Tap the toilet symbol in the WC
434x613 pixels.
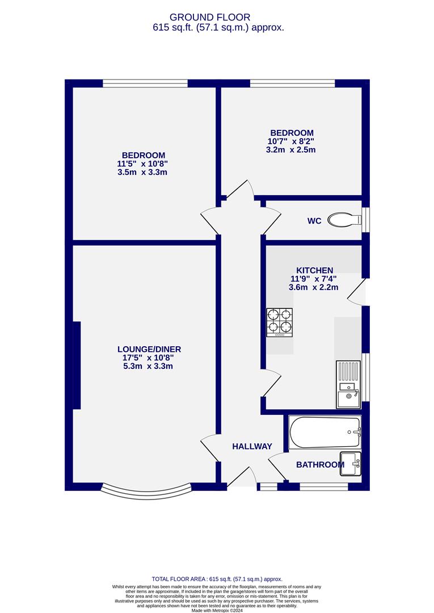point(345,220)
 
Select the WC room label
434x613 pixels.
point(314,221)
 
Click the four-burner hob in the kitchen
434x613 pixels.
point(280,322)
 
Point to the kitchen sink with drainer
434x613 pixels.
point(348,385)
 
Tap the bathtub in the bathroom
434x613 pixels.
point(325,433)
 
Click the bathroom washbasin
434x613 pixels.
point(350,463)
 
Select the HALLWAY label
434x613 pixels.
point(252,447)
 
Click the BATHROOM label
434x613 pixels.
point(320,465)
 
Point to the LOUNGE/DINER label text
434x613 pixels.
point(149,349)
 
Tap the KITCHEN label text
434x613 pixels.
point(314,270)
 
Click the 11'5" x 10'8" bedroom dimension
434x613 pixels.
point(144,164)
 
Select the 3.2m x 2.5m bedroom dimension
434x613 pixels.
point(290,150)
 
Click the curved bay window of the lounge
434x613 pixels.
point(146,490)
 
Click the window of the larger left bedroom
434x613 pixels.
point(145,83)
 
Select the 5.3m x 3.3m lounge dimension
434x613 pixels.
point(148,366)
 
